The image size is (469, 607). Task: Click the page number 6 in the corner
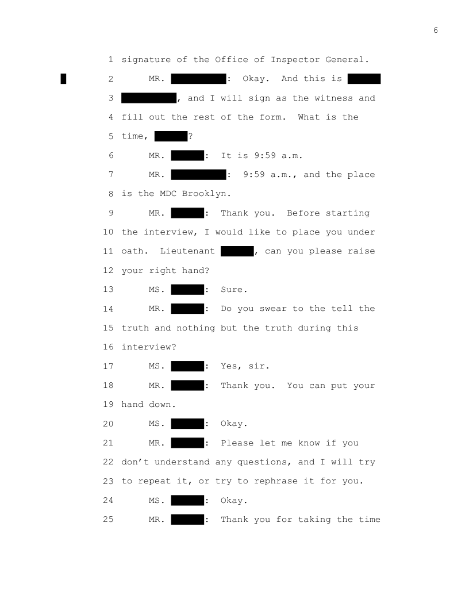tap(436, 30)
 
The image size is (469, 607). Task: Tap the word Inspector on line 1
tap(295, 60)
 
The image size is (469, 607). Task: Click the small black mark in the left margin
tap(63, 79)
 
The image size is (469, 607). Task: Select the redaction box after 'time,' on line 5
tap(171, 136)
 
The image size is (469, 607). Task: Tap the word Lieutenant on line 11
tap(187, 251)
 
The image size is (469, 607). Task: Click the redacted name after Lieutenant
tap(237, 251)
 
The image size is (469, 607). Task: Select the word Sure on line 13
tap(232, 290)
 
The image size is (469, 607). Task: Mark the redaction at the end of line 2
tap(364, 79)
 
